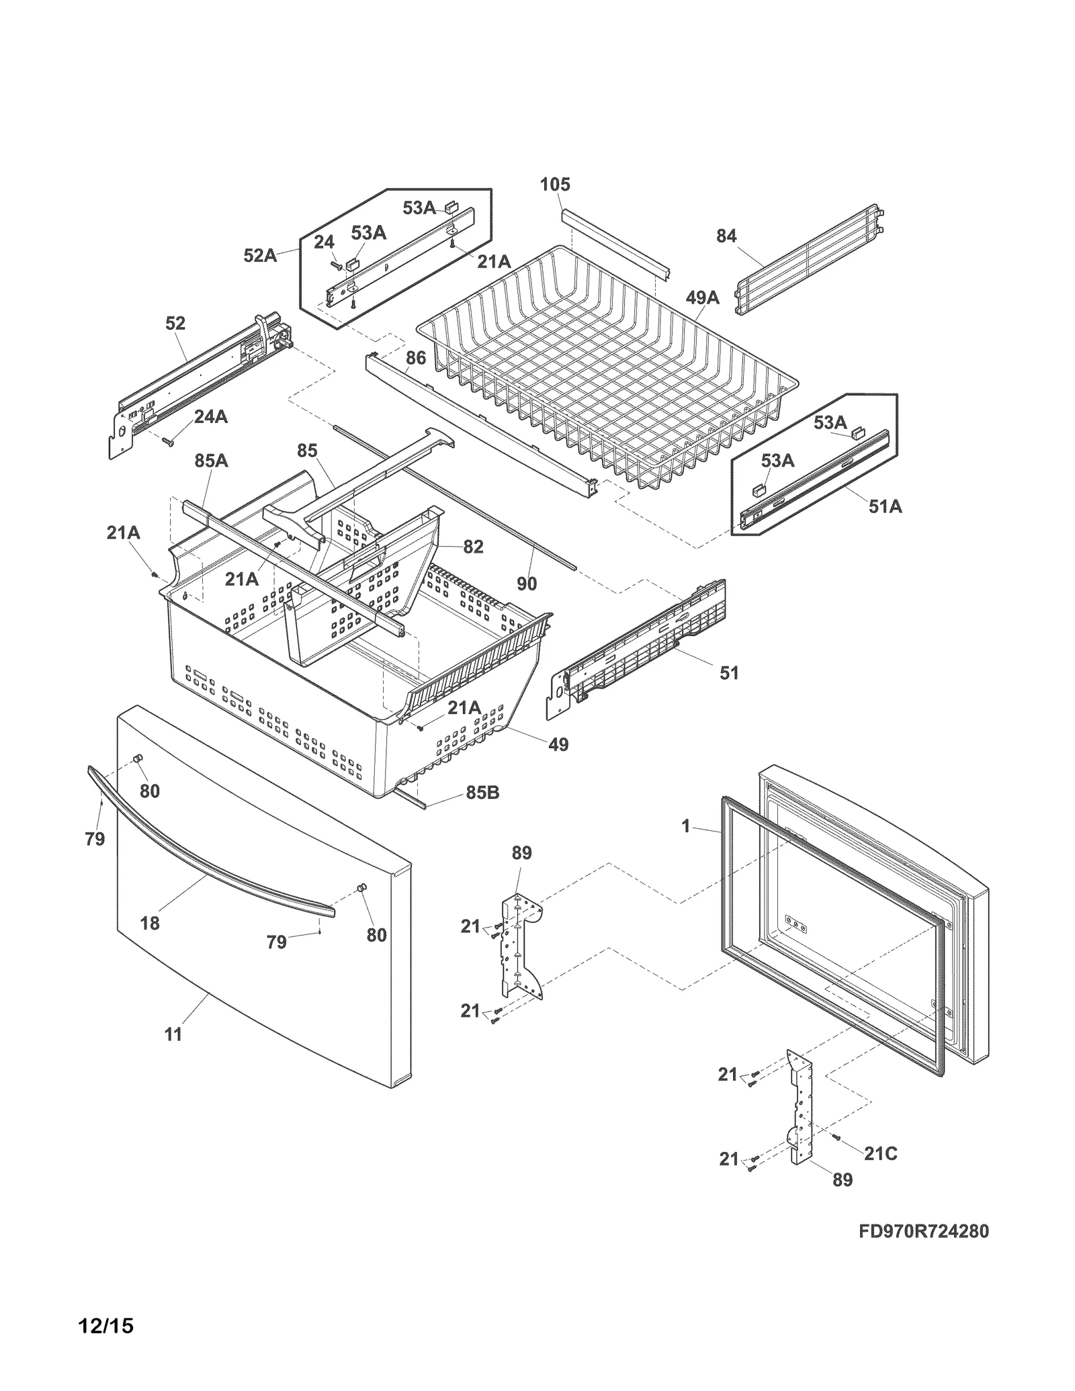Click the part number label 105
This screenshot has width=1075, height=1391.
(x=555, y=184)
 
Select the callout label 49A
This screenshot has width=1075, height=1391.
(x=702, y=298)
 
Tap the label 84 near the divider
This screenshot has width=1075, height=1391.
(x=726, y=236)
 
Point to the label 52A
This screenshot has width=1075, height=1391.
(x=260, y=255)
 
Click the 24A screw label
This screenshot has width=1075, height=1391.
(x=210, y=417)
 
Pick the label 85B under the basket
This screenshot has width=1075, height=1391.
(x=482, y=793)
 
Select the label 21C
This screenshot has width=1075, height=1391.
(x=880, y=1153)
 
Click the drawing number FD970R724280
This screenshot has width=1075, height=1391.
(x=924, y=1231)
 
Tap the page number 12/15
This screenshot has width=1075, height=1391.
(x=105, y=1326)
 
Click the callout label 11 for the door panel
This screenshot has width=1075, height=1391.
(x=173, y=1035)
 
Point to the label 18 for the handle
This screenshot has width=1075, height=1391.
(x=150, y=923)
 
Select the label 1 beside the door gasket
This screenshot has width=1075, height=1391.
(x=685, y=826)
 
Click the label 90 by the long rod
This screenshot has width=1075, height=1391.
(x=527, y=584)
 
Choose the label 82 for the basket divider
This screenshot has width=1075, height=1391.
(x=473, y=547)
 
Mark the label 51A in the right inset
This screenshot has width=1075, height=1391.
(x=885, y=506)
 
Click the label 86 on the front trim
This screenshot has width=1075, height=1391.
(x=416, y=358)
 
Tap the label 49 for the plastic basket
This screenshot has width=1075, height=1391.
(x=558, y=744)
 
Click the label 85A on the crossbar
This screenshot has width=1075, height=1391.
(x=211, y=461)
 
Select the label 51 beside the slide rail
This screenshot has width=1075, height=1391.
(x=729, y=672)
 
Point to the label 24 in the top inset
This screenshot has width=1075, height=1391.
(x=324, y=242)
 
